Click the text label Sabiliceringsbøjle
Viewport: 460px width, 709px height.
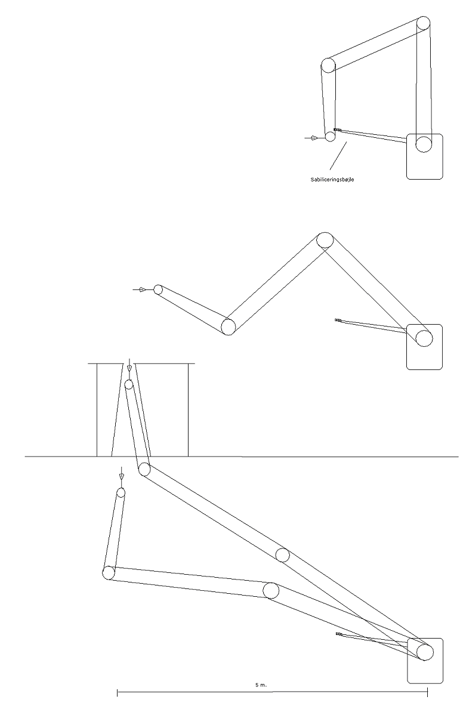tap(332, 180)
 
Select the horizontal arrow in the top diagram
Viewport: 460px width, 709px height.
tap(312, 137)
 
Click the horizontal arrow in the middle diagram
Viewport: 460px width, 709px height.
tap(140, 289)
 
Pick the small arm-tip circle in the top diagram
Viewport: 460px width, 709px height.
tap(331, 136)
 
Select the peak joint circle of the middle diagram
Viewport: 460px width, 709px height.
tap(325, 240)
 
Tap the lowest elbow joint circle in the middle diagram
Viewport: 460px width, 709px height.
tap(228, 326)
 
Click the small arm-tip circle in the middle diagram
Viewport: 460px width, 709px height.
tap(158, 289)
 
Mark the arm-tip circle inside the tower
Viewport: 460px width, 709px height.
tap(129, 385)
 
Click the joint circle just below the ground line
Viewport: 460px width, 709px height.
tap(144, 469)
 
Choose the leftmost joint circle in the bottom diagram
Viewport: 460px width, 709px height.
tap(109, 572)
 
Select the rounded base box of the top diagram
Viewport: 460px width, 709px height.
tap(424, 156)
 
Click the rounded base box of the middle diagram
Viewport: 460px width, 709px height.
tap(424, 347)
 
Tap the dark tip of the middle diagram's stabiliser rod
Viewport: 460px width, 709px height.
tap(338, 320)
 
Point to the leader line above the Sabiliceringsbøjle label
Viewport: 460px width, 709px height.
tap(338, 156)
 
